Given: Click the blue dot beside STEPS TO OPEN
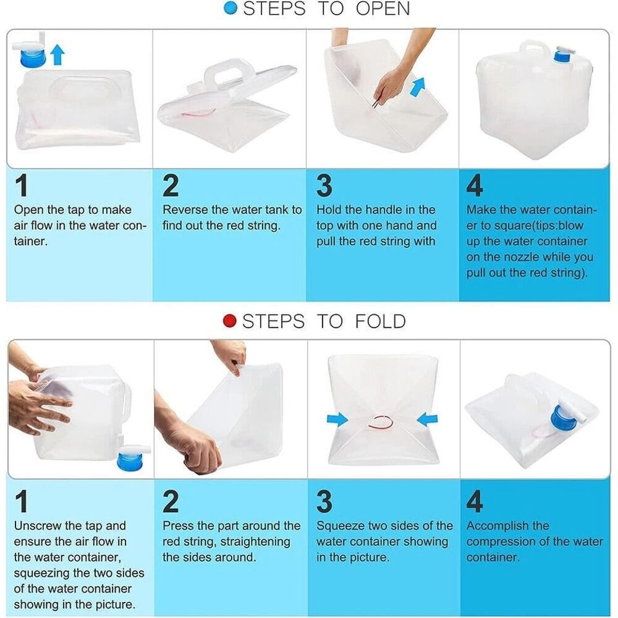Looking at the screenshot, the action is pyautogui.click(x=230, y=8).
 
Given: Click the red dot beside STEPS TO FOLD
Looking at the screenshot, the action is pyautogui.click(x=229, y=321).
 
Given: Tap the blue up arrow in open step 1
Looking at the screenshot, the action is pyautogui.click(x=57, y=54).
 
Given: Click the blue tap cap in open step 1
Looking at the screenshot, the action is pyautogui.click(x=32, y=58).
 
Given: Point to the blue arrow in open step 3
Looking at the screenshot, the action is pyautogui.click(x=417, y=87).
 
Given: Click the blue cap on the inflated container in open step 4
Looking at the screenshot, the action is pyautogui.click(x=562, y=56).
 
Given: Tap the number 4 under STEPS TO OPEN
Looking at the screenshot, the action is pyautogui.click(x=474, y=185).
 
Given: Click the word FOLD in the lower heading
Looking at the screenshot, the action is pyautogui.click(x=380, y=321).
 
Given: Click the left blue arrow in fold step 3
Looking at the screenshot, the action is pyautogui.click(x=337, y=420).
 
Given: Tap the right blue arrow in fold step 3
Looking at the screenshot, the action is pyautogui.click(x=427, y=420).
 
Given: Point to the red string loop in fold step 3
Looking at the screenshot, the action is pyautogui.click(x=381, y=423).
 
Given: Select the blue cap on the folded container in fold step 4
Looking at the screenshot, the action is pyautogui.click(x=563, y=417).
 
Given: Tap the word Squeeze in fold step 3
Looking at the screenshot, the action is pyautogui.click(x=340, y=527).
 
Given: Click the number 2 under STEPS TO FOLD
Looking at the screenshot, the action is pyautogui.click(x=171, y=501).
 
